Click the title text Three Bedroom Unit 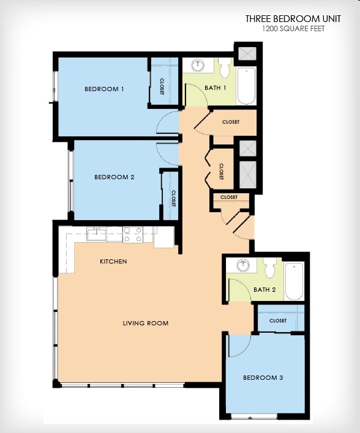[x=293, y=19]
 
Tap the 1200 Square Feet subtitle [x=293, y=29]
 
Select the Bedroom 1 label [x=104, y=89]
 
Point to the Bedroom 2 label [x=114, y=177]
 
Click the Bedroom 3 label [x=263, y=378]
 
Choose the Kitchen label [x=113, y=262]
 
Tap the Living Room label [x=145, y=324]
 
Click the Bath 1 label [x=216, y=88]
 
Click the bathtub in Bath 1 [x=246, y=86]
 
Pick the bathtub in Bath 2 [x=294, y=281]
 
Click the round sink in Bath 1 [x=198, y=65]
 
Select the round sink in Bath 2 [x=243, y=265]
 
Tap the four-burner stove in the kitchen [x=133, y=234]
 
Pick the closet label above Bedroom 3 [x=278, y=320]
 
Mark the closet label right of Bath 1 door [x=231, y=122]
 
